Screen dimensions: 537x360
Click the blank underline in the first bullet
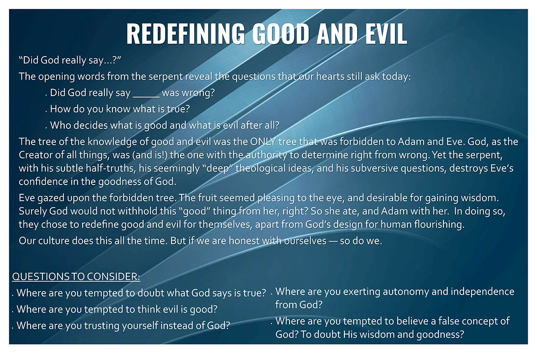[146, 97]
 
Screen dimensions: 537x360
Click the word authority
[266, 156]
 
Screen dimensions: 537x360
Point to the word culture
[54, 241]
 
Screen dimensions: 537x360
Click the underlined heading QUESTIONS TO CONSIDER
[76, 277]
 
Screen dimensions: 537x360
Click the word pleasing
[276, 198]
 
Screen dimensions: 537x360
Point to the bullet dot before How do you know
[46, 112]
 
